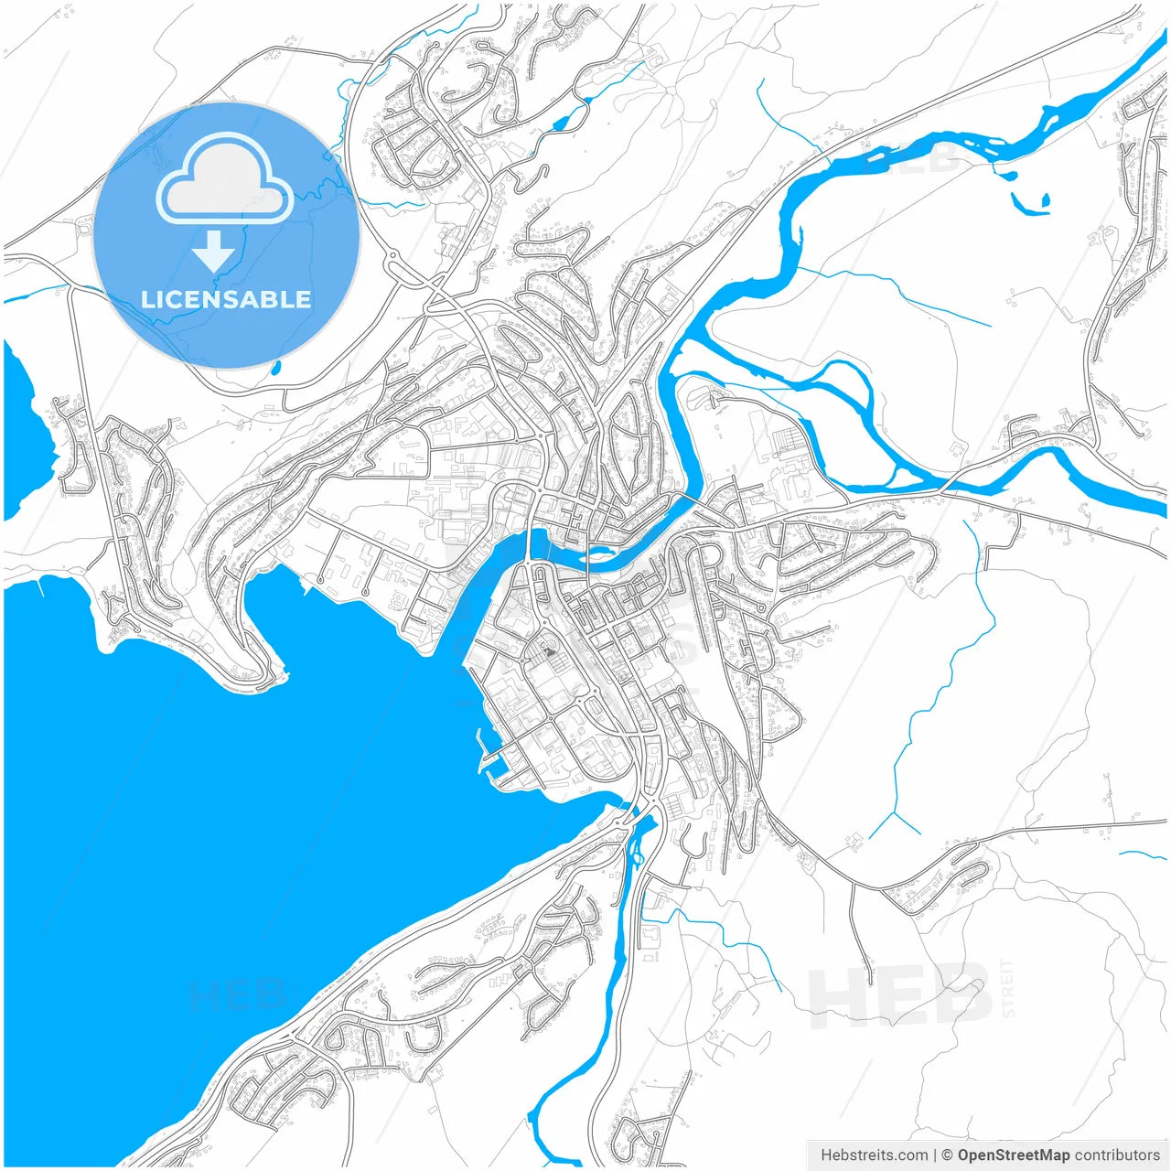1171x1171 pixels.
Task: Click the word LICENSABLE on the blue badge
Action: coord(226,299)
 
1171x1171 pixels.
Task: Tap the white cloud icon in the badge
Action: coord(225,179)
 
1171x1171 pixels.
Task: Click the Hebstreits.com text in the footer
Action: coord(874,1155)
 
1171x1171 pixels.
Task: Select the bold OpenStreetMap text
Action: coord(1014,1155)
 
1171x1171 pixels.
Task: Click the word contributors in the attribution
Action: coord(1117,1155)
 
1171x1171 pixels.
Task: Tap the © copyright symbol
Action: coord(948,1155)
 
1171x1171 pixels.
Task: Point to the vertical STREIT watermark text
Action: coord(1008,988)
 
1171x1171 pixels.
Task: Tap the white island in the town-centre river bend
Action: coord(599,552)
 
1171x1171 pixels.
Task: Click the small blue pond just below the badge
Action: coord(275,369)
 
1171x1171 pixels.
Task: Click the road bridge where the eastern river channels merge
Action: coord(943,484)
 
